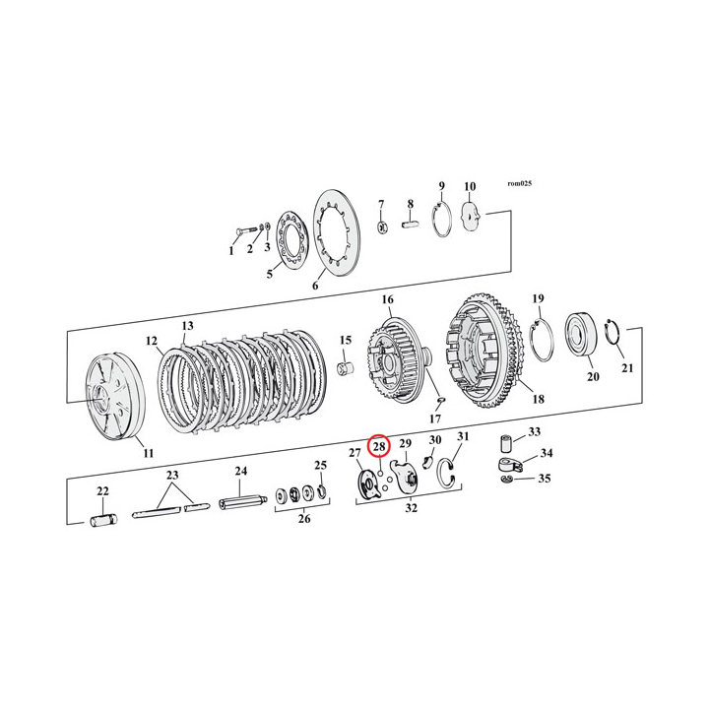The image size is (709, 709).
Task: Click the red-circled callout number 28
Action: click(379, 447)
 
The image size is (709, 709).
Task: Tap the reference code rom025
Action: click(519, 183)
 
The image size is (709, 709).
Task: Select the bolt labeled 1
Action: click(242, 230)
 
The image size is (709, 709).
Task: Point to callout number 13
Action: click(187, 325)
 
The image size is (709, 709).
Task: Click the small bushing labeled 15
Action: click(347, 369)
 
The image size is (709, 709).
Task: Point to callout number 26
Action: click(303, 518)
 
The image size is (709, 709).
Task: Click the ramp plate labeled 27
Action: click(367, 485)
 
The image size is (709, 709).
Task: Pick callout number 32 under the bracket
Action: click(412, 509)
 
